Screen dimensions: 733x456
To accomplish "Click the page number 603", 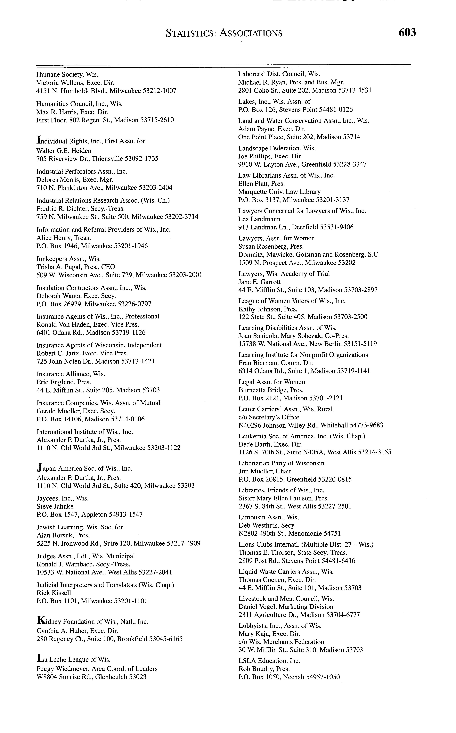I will pyautogui.click(x=407, y=32).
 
